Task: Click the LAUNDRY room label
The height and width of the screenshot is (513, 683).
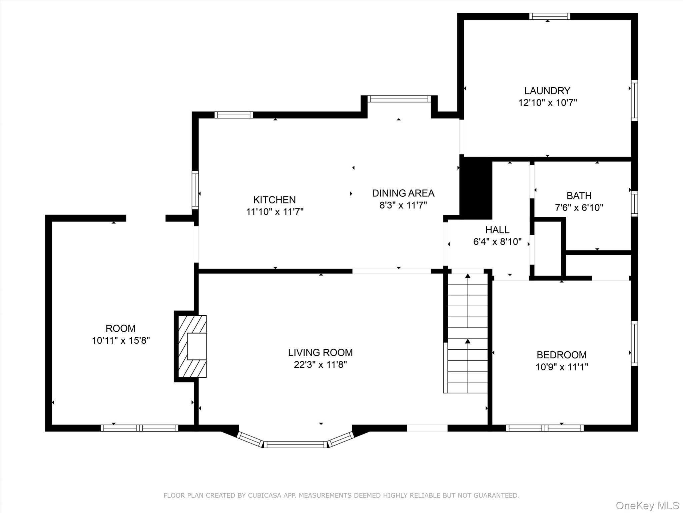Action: coord(547,91)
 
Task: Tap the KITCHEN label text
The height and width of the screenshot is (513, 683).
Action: coord(274,200)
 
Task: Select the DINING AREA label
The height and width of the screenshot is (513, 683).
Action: coord(403,193)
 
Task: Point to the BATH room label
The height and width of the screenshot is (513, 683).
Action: coord(579,195)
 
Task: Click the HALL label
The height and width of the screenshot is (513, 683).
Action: coord(497,230)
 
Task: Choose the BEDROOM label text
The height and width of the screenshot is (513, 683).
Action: coord(562,355)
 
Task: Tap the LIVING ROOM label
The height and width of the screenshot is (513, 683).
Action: coord(320,352)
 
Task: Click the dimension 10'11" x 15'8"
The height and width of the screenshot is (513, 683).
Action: coord(121,340)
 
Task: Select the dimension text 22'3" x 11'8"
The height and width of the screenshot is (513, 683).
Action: coord(320,364)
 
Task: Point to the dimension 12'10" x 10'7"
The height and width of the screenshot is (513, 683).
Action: coord(547,103)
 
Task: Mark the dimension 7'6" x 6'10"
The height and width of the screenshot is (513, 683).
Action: coord(579,207)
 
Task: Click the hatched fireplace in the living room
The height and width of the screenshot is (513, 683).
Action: coord(192,346)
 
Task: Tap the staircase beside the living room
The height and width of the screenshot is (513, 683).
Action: coord(467,333)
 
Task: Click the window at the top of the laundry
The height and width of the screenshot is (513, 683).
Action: coord(550,16)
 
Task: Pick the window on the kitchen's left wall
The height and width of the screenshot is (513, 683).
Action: coord(195,190)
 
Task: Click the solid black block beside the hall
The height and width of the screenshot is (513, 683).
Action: coord(476,188)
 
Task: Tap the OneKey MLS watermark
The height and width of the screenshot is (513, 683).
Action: coord(647,505)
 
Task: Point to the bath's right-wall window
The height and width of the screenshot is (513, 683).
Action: coord(634,204)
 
